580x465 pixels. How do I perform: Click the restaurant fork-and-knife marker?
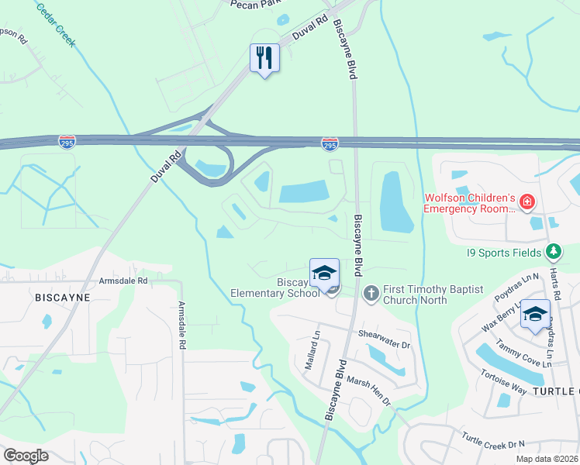click(264, 58)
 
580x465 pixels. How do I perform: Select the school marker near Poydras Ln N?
click(534, 313)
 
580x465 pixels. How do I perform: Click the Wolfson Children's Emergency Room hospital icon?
click(527, 202)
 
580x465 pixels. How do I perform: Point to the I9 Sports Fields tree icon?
click(553, 251)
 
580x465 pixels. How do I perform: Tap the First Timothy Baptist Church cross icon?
click(371, 293)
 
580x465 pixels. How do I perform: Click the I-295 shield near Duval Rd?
click(67, 141)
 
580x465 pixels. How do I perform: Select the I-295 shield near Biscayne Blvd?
click(330, 143)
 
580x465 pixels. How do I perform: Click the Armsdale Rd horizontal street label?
click(123, 281)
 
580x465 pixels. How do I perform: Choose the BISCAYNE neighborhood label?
click(63, 297)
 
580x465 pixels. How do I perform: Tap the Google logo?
click(26, 455)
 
